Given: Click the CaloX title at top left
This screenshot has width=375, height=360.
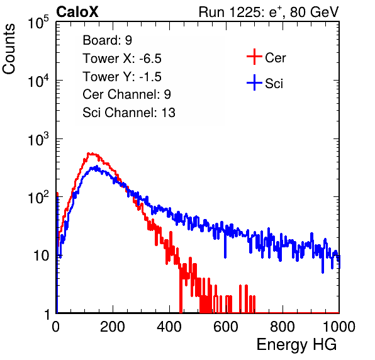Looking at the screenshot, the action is tap(77, 12).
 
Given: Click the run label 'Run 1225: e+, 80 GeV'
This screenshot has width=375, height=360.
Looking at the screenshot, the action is tap(269, 12).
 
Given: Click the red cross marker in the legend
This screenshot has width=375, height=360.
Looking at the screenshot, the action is tap(254, 57).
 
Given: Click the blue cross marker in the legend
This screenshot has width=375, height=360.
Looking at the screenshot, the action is tap(254, 82).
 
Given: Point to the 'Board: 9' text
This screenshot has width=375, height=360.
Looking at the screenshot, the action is tap(107, 40).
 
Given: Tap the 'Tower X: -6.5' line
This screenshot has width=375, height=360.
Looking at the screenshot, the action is tap(122, 59).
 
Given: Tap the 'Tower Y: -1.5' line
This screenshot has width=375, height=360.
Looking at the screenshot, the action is tap(122, 77).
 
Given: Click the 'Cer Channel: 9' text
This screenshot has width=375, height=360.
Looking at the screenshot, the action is tap(126, 94).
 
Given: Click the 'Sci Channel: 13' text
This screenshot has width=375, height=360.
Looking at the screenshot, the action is tap(129, 113).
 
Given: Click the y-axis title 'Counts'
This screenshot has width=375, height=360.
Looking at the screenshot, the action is tap(9, 49).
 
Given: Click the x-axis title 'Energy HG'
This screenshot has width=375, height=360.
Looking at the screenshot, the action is tap(296, 345).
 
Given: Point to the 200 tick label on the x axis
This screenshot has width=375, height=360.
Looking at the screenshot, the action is tap(113, 327).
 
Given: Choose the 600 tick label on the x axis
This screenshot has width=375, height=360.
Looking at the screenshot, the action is tap(226, 327).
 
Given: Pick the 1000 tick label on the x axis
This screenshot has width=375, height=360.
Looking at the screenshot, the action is tap(339, 327).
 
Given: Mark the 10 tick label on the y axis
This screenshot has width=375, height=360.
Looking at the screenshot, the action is tap(41, 256).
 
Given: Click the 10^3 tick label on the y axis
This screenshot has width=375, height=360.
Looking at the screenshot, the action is tap(38, 138).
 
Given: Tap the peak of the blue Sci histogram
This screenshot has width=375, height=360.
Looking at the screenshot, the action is tap(97, 166).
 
